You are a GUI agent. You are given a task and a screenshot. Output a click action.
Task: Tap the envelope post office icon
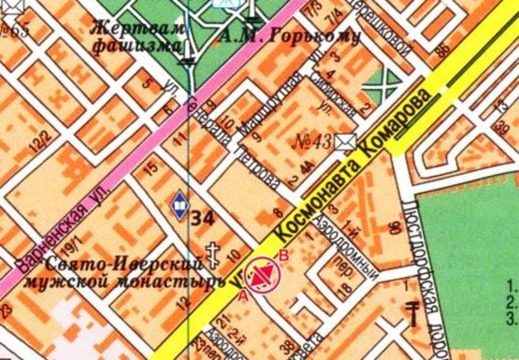click(x=348, y=141)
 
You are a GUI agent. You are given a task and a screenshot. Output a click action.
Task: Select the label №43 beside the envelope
click(x=314, y=142)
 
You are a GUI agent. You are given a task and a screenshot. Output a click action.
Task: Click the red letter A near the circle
click(x=244, y=295)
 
